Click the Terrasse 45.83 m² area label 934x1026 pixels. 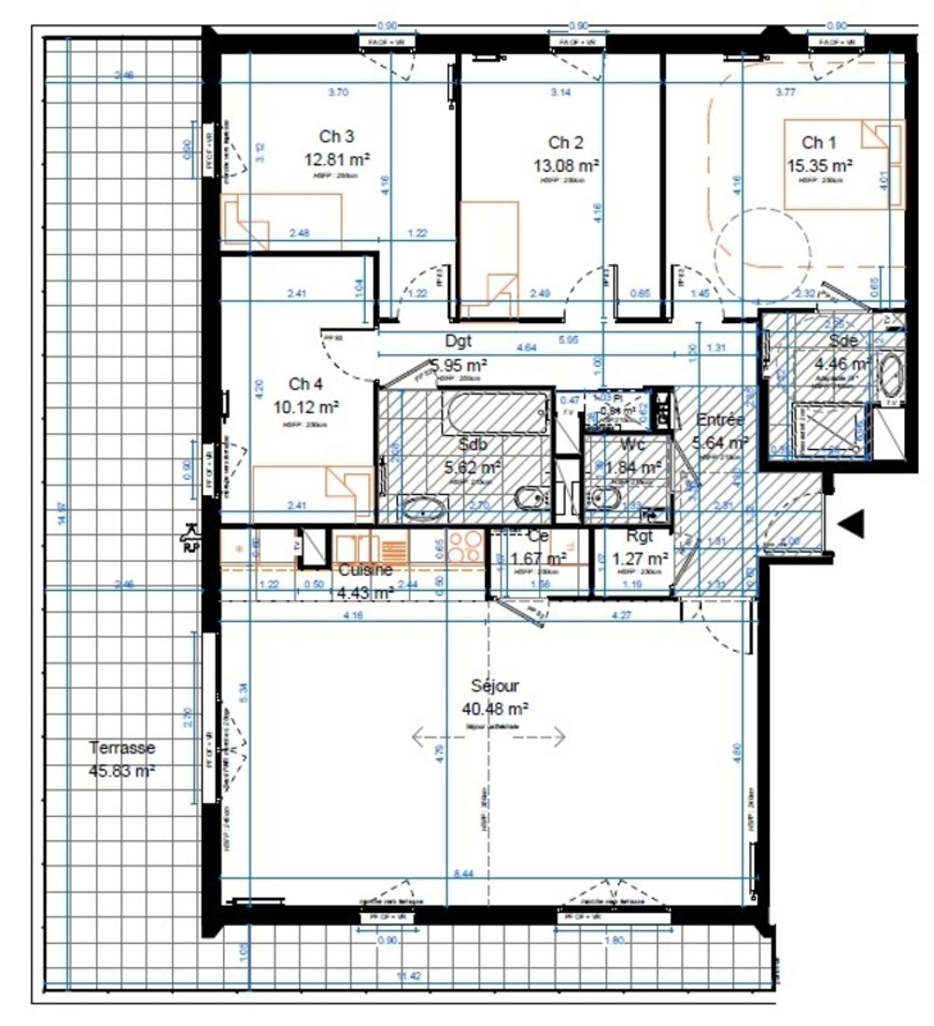[122, 758]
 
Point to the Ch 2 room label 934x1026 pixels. [565, 143]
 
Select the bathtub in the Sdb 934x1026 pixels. [496, 411]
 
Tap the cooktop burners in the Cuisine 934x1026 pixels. [464, 546]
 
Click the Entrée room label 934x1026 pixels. [719, 421]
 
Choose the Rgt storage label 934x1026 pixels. [639, 538]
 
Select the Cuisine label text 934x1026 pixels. [365, 569]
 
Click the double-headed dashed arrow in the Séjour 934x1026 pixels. [488, 738]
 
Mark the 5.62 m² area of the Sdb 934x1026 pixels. [471, 466]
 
